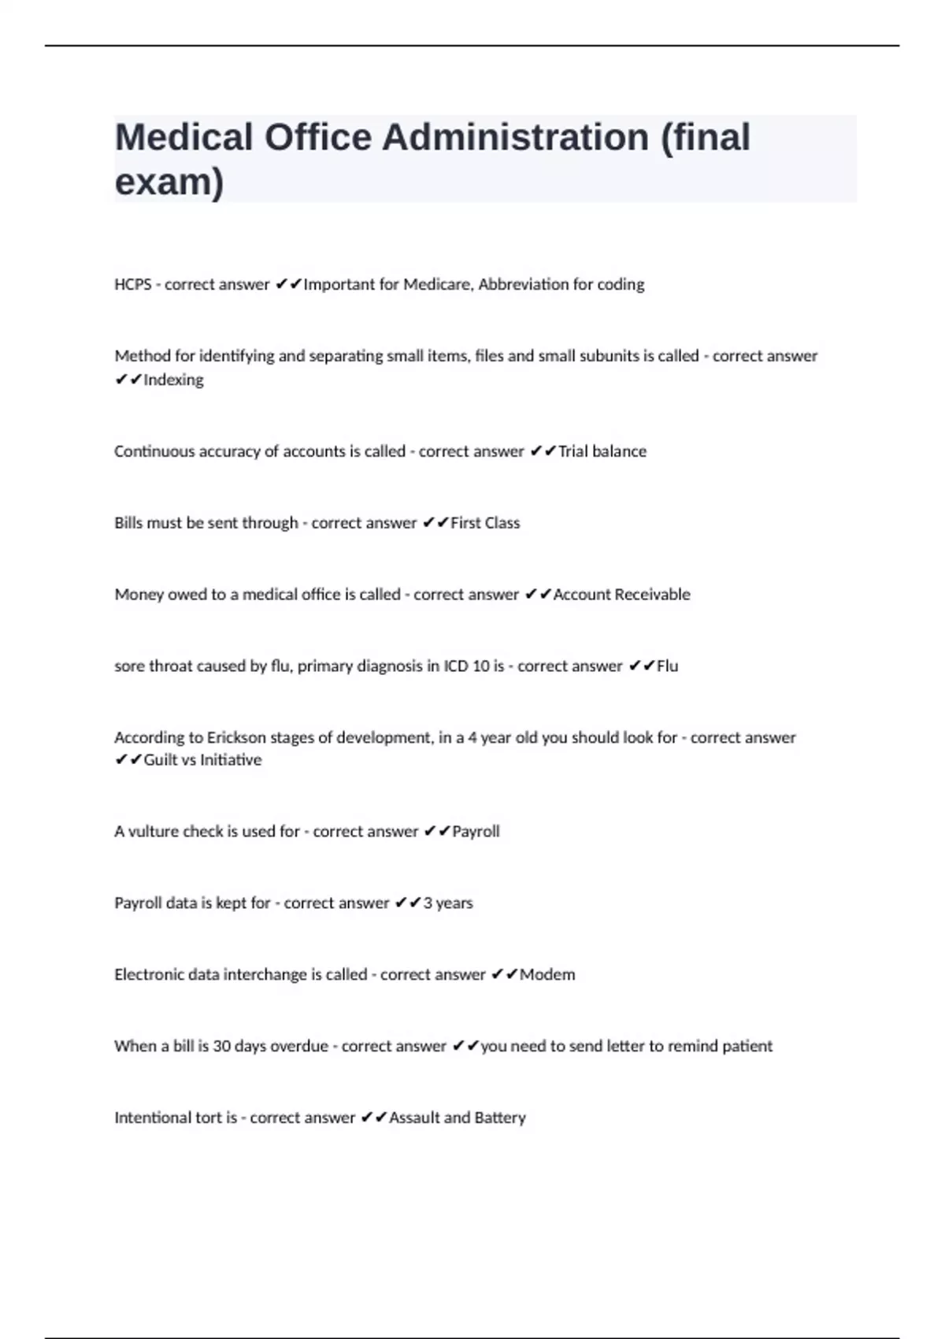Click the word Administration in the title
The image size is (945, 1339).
point(515,137)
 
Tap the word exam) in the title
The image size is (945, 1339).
point(169,182)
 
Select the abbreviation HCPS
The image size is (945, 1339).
point(132,284)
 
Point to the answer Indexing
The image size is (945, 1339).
point(173,380)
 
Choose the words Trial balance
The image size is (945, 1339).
point(602,451)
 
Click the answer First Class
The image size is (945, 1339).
point(485,523)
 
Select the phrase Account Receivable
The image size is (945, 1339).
point(621,595)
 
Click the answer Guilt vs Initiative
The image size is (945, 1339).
point(202,760)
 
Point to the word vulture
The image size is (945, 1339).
point(153,832)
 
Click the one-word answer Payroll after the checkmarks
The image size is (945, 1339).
point(476,832)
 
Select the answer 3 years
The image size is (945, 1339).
point(448,903)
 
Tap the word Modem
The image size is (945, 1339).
point(547,975)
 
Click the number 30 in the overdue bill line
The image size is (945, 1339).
point(221,1047)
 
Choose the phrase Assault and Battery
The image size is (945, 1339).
point(458,1118)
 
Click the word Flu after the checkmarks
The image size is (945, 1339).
point(667,666)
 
